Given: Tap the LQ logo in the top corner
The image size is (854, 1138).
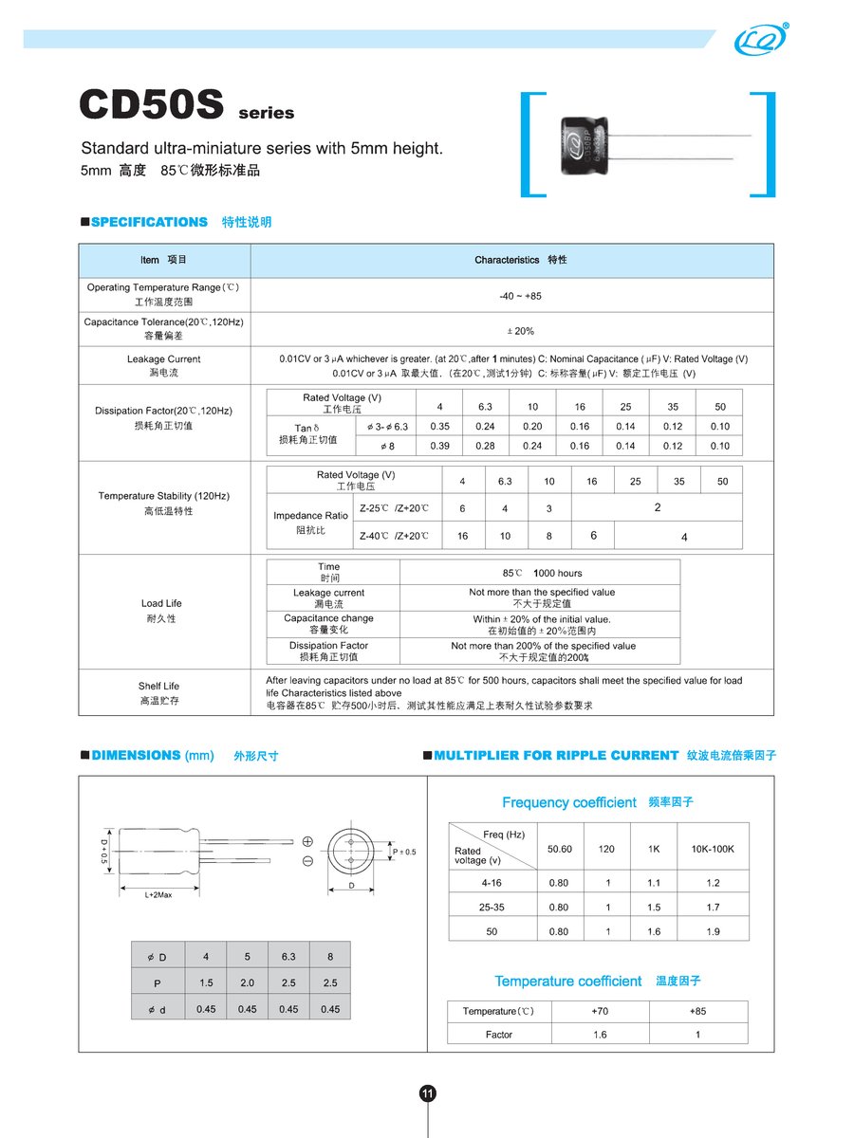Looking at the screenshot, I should pos(758,39).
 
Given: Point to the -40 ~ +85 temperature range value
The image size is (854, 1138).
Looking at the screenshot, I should pos(520,297).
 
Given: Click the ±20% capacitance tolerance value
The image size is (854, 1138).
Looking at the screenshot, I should pos(519,331).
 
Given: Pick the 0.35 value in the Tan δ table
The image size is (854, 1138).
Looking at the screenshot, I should pos(439,427).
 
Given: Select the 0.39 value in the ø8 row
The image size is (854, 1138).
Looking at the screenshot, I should pos(439,446).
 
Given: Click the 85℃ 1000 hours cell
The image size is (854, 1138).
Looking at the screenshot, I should pos(541,573).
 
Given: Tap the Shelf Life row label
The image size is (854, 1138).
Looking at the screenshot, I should pos(158,686).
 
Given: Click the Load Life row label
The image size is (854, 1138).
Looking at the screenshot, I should pos(161,603).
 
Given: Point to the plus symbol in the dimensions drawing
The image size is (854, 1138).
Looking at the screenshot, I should pos(307,841).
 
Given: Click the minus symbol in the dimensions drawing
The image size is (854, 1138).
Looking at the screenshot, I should pos(307,861).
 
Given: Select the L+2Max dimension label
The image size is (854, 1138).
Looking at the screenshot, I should pos(158,895).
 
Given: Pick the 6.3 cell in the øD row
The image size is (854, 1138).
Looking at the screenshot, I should pos(288,957).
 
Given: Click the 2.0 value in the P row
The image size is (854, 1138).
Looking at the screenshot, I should pos(248,983).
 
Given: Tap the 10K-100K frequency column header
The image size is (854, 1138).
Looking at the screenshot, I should pos(713,849).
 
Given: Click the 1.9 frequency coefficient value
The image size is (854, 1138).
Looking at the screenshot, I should pos(713,932).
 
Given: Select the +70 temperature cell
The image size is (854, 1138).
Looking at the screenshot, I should pos(600,1011).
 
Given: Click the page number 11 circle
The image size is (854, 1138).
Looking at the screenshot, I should pos(427,1093).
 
